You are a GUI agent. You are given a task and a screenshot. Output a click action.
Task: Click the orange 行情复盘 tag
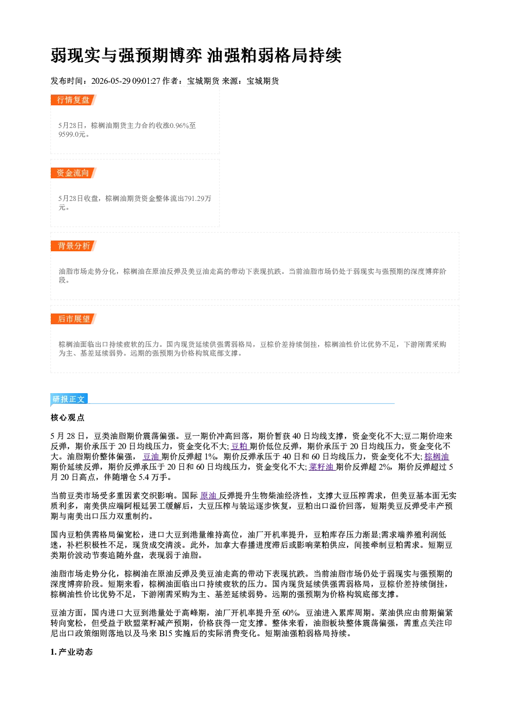coord(73,100)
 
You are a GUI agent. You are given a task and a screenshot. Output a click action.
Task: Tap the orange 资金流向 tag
coord(73,173)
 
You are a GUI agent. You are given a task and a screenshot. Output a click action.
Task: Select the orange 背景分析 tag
coord(73,246)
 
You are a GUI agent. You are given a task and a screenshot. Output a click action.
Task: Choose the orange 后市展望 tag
coord(73,319)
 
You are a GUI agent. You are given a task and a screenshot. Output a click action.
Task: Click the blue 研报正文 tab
coord(69,399)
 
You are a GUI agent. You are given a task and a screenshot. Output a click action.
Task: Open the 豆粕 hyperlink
coord(240,446)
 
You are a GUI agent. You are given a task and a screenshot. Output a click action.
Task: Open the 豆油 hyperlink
coord(152,456)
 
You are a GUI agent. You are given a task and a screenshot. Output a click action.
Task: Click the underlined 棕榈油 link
coord(436,456)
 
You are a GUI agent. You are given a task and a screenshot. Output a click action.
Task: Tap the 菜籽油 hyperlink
coord(322,467)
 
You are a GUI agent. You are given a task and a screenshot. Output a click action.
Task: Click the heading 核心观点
coord(68,417)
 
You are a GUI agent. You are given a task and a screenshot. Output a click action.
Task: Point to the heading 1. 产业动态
coord(72,652)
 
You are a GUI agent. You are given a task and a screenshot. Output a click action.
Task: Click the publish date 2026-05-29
coord(111,81)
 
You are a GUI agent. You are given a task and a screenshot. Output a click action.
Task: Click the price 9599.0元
coord(72,134)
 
